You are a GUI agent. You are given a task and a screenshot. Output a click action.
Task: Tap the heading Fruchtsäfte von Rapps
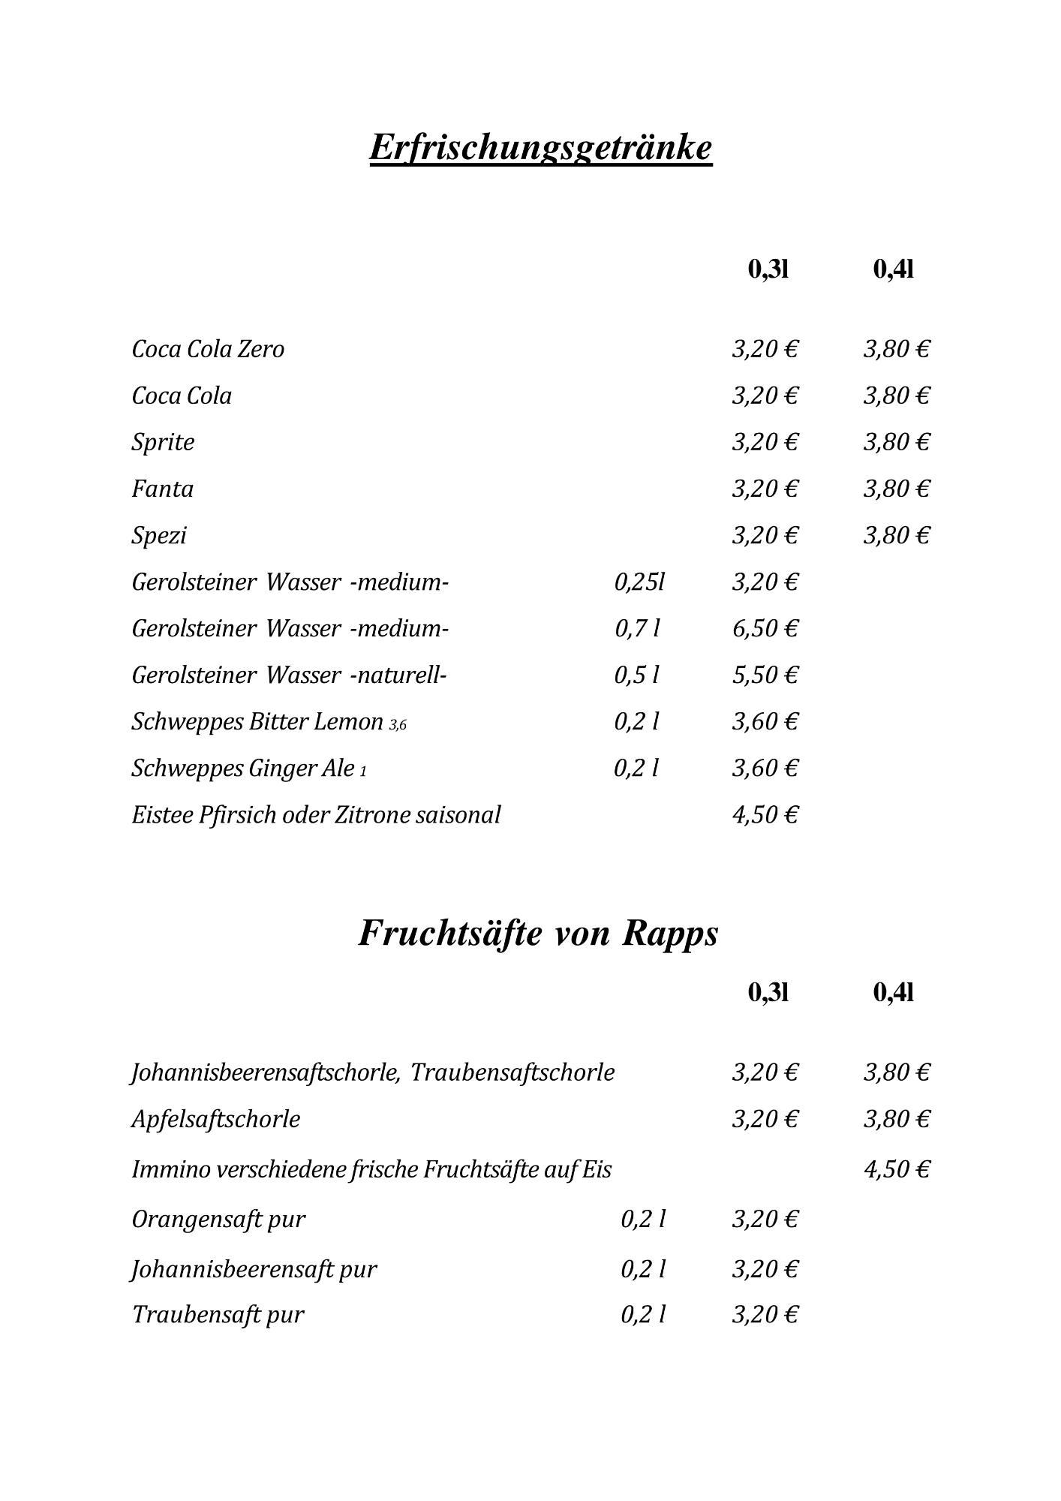[x=538, y=934]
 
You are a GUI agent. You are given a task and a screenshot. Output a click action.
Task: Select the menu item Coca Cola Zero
[x=208, y=349]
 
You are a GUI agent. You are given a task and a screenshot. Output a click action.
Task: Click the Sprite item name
[x=163, y=442]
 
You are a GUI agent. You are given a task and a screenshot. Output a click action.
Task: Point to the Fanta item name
[x=162, y=489]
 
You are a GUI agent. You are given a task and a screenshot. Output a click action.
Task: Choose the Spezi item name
[x=158, y=536]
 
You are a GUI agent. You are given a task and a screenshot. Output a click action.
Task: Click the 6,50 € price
[x=765, y=628]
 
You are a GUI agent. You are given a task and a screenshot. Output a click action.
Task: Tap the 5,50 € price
[x=765, y=675]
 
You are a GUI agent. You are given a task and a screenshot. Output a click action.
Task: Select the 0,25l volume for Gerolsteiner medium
[x=639, y=582]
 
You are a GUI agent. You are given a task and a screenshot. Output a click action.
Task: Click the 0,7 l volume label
[x=637, y=628]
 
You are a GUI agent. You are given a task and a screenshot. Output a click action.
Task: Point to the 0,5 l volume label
[x=636, y=675]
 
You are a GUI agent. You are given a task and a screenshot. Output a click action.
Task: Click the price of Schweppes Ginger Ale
[x=765, y=768]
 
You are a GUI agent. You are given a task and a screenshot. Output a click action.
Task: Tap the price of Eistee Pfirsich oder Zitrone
[x=765, y=814]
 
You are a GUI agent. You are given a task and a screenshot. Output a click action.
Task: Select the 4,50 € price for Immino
[x=897, y=1169]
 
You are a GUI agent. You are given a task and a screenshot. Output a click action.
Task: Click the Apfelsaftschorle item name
[x=216, y=1119]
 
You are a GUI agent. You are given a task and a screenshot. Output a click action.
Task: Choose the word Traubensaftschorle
[x=512, y=1072]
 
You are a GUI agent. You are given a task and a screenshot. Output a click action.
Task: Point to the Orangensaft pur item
[x=218, y=1219]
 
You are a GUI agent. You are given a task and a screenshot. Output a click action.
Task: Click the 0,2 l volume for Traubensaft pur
[x=643, y=1314]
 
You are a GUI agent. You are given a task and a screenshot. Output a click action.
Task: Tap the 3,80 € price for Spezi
[x=897, y=535]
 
